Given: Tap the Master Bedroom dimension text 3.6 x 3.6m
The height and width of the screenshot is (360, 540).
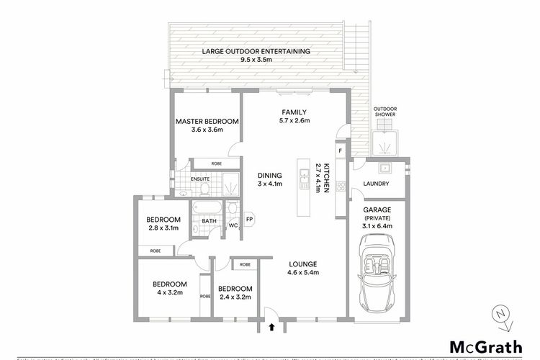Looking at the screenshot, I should point(207,130).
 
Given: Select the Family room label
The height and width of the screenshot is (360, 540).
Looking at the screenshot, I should point(294,112).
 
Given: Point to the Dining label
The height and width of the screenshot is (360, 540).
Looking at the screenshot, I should point(270,174).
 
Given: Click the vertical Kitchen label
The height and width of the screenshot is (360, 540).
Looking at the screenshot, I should point(327,176).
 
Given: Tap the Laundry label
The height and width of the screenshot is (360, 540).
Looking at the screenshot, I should point(377,184).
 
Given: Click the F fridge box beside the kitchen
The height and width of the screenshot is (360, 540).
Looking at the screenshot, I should point(341,151).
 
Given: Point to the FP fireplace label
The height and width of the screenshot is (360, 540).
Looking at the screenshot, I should point(250,219).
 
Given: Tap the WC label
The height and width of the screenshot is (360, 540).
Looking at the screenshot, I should point(233,225).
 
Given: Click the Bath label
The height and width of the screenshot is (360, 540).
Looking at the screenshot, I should point(209,221).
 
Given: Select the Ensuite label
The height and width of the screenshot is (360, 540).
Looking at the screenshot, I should point(199,179).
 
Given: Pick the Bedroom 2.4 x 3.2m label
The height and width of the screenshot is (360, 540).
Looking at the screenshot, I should point(237,289).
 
